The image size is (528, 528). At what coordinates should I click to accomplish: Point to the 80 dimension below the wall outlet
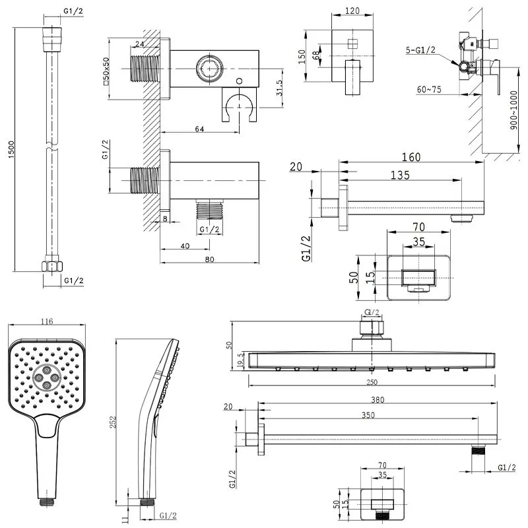(x=210, y=259)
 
